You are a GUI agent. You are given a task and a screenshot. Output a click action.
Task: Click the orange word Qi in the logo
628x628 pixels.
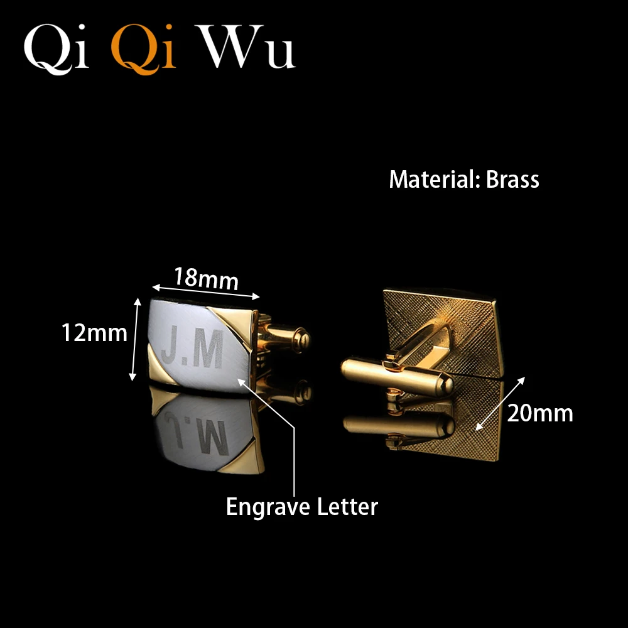144,48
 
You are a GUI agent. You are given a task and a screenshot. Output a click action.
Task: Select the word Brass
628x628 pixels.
512,180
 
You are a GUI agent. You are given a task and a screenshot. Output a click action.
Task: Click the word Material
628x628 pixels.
434,180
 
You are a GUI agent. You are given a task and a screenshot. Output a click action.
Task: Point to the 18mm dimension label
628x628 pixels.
207,278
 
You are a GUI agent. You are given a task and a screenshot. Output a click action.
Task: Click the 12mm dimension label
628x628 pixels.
94,332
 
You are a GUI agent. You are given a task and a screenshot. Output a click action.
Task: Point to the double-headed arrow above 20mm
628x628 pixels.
501,403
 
